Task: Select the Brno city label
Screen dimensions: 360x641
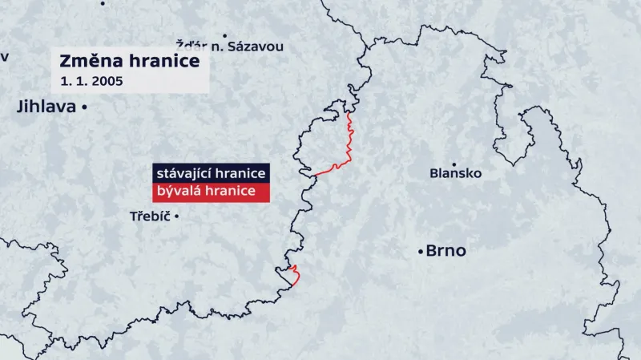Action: (x=445, y=251)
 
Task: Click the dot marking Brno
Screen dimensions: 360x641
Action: (x=421, y=252)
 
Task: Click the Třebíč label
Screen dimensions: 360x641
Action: (x=150, y=216)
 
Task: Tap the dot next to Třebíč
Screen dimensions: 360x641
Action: (x=176, y=216)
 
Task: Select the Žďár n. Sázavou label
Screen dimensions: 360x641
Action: (x=229, y=47)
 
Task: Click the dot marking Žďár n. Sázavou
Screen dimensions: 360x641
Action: (x=224, y=35)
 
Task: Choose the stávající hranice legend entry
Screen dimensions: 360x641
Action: (x=210, y=174)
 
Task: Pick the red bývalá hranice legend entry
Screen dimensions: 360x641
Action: (x=210, y=192)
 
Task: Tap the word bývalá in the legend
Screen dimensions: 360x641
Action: (x=177, y=192)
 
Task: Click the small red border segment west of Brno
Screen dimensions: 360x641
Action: (x=295, y=275)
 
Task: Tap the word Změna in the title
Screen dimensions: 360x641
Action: (x=87, y=62)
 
